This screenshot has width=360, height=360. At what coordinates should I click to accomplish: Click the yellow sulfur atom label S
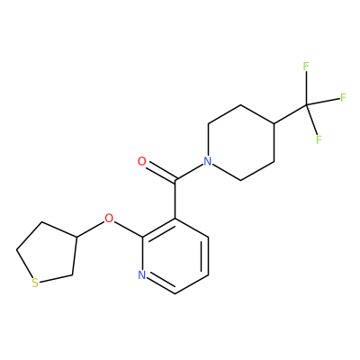coord(35,283)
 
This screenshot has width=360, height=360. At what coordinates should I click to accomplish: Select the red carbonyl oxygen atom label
coord(142,161)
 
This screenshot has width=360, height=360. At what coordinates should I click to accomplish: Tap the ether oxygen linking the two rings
coord(109,218)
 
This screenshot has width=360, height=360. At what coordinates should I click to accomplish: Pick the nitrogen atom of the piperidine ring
coord(208,161)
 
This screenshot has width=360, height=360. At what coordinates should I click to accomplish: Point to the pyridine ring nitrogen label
coord(142,274)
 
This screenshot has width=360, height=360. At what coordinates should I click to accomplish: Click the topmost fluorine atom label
coord(306,67)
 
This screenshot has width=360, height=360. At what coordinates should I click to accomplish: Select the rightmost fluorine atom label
coord(343,97)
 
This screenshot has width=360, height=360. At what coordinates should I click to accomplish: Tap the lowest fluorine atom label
coord(319,139)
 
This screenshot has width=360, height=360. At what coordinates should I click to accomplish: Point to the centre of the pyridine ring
coord(175,256)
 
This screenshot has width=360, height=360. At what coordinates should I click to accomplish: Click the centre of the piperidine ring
coord(241,142)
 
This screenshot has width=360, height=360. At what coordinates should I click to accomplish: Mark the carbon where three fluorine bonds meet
coord(307,104)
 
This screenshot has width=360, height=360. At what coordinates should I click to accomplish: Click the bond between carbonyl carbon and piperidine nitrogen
coord(190,172)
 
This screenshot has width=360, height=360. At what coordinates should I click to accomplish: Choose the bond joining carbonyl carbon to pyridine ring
coord(175,199)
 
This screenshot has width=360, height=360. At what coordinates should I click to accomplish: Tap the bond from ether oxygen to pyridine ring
coord(129,229)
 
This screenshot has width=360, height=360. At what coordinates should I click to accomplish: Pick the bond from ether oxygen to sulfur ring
coord(91,229)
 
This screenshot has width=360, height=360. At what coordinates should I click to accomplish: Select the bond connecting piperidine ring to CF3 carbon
coord(291,114)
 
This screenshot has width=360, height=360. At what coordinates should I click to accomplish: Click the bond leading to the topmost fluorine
coord(306,88)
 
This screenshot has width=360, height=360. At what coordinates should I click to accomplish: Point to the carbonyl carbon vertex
coord(175,180)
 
